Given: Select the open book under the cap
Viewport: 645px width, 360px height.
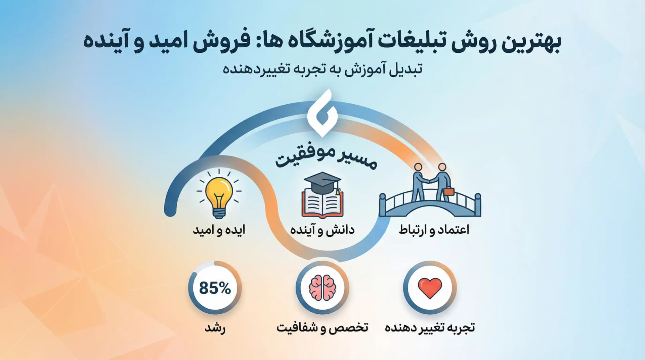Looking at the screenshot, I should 322,203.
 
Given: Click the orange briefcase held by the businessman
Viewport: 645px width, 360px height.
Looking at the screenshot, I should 448,192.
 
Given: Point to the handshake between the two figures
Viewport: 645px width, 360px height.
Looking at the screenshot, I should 430,181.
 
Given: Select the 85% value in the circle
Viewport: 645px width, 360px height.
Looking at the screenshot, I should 215,288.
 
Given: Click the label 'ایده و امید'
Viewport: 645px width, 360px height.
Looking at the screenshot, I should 219,230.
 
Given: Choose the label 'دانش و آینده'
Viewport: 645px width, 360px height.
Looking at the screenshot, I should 322,230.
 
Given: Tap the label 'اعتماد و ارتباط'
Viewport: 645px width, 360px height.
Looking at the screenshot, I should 434,230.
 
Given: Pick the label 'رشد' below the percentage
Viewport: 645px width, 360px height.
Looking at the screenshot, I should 215,328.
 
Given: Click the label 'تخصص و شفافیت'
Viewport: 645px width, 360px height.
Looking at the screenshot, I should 322,328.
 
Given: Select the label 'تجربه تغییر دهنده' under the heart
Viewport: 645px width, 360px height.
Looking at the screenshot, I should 430,328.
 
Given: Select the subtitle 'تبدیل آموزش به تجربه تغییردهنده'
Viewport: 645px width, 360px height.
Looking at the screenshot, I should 322,69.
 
